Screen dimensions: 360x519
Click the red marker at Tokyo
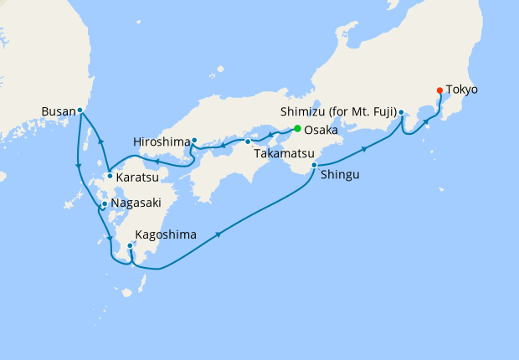tap(439, 90)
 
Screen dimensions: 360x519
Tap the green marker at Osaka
tap(297, 128)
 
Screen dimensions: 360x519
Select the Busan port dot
tap(80, 110)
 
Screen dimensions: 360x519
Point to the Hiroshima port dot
tap(194, 141)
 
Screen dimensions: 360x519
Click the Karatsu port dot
tap(110, 176)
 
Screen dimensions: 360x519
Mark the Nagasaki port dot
tap(105, 203)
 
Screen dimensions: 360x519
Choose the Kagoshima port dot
tap(130, 245)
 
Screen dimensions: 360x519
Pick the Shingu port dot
tap(314, 166)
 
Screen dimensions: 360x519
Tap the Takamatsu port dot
tap(248, 141)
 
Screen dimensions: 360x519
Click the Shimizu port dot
tap(401, 112)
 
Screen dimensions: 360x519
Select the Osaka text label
tap(322, 131)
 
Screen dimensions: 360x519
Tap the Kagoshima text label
tap(168, 235)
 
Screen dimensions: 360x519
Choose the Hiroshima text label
tap(160, 141)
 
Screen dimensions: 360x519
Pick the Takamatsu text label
tap(280, 154)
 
